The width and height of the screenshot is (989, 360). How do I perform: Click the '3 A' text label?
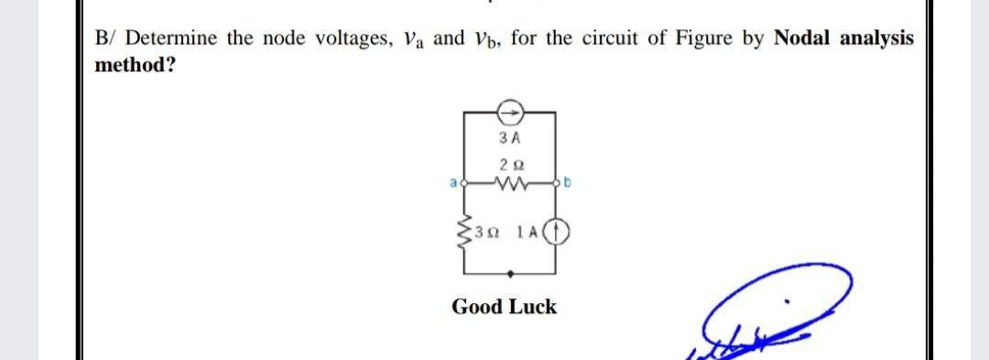click(x=510, y=139)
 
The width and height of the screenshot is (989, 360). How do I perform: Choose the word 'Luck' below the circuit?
click(x=531, y=307)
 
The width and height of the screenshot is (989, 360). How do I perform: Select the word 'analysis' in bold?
click(x=880, y=38)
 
